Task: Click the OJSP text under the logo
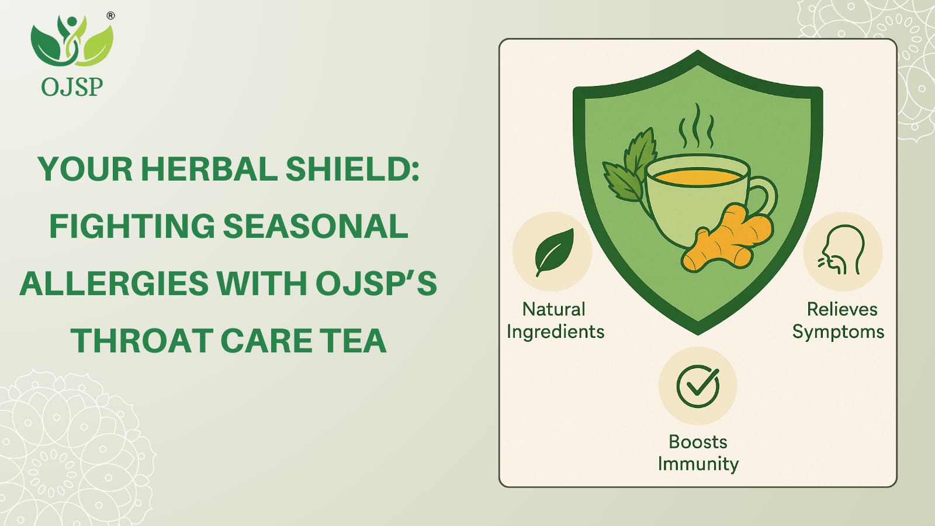pos(72,87)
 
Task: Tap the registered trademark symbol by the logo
pos(110,16)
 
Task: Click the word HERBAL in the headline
pos(209,169)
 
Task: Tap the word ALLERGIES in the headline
pos(114,283)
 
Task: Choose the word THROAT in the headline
pos(143,340)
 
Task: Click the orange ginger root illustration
pos(728,237)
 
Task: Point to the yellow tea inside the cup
pos(698,177)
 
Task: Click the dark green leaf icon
pos(554,252)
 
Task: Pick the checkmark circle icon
pos(698,386)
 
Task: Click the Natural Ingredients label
pos(555,321)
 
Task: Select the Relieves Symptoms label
pos(839,321)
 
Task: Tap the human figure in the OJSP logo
pos(71,37)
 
